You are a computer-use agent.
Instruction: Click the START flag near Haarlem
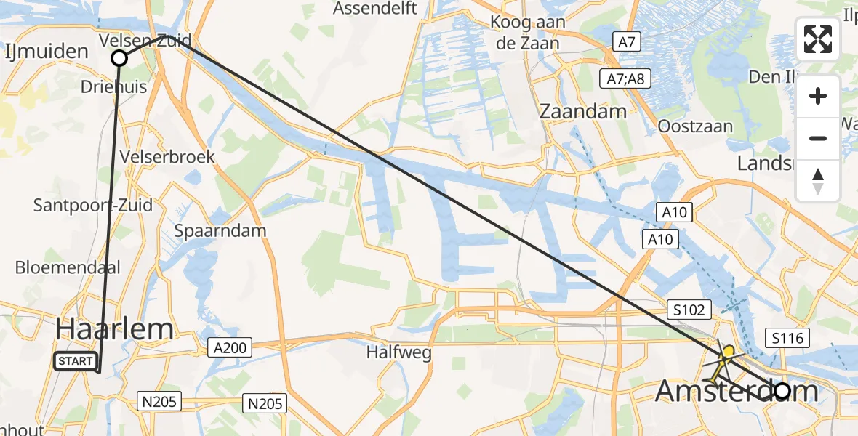[x=75, y=360]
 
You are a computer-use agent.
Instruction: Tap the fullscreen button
[x=818, y=39]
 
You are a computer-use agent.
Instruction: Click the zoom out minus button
[x=818, y=138]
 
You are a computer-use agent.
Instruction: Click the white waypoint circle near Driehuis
[x=119, y=58]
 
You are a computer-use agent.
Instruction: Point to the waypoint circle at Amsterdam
[x=782, y=391]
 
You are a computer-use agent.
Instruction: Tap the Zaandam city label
[x=583, y=111]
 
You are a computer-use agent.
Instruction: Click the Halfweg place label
[x=399, y=354]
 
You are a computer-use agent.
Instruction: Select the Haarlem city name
[x=114, y=329]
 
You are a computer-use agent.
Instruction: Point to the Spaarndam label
[x=220, y=230]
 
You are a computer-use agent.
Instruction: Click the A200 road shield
[x=229, y=348]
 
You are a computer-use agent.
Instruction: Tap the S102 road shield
[x=687, y=310]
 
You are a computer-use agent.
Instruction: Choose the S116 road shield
[x=787, y=337]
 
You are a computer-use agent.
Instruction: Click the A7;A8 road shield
[x=626, y=78]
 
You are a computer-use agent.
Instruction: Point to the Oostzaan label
[x=694, y=126]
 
